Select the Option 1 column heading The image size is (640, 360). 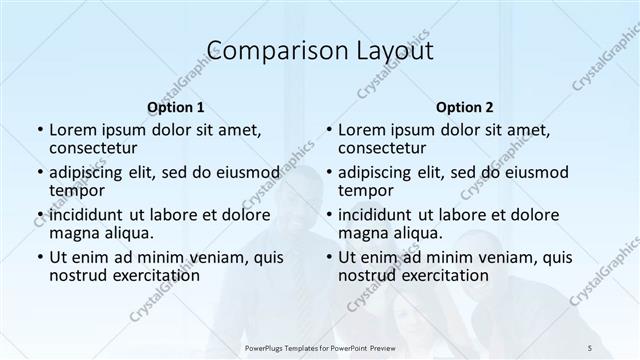coord(176,107)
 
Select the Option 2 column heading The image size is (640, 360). coord(465,107)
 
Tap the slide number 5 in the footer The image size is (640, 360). coord(590,347)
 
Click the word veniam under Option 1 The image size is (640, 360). coord(222,257)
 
